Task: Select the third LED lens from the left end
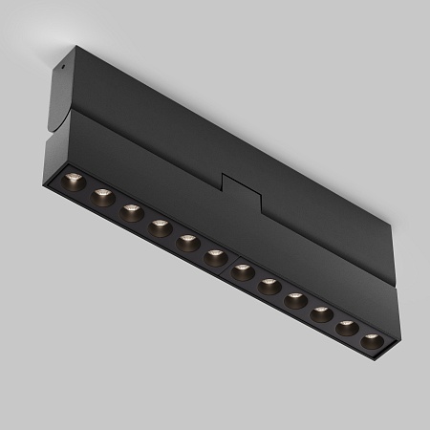pos(132,212)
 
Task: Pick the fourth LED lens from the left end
pos(160,227)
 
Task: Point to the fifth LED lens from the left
pos(188,243)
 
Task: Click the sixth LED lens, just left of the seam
pos(215,257)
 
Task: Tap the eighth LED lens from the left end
pos(269,286)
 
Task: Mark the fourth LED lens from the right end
pos(296,300)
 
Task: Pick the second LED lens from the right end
pos(348,328)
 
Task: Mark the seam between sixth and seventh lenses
pos(229,265)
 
